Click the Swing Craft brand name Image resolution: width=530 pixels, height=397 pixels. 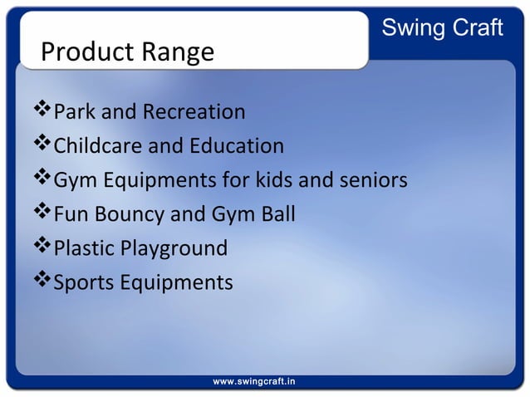(x=441, y=27)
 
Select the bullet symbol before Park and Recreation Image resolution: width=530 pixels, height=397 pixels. (x=42, y=110)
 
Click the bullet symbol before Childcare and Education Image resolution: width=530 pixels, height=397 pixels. (x=42, y=145)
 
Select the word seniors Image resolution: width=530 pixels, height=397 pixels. (x=371, y=180)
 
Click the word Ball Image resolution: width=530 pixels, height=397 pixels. (x=276, y=214)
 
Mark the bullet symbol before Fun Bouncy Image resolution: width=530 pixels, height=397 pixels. (x=42, y=213)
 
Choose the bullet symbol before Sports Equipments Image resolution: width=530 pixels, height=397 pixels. (x=42, y=281)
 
